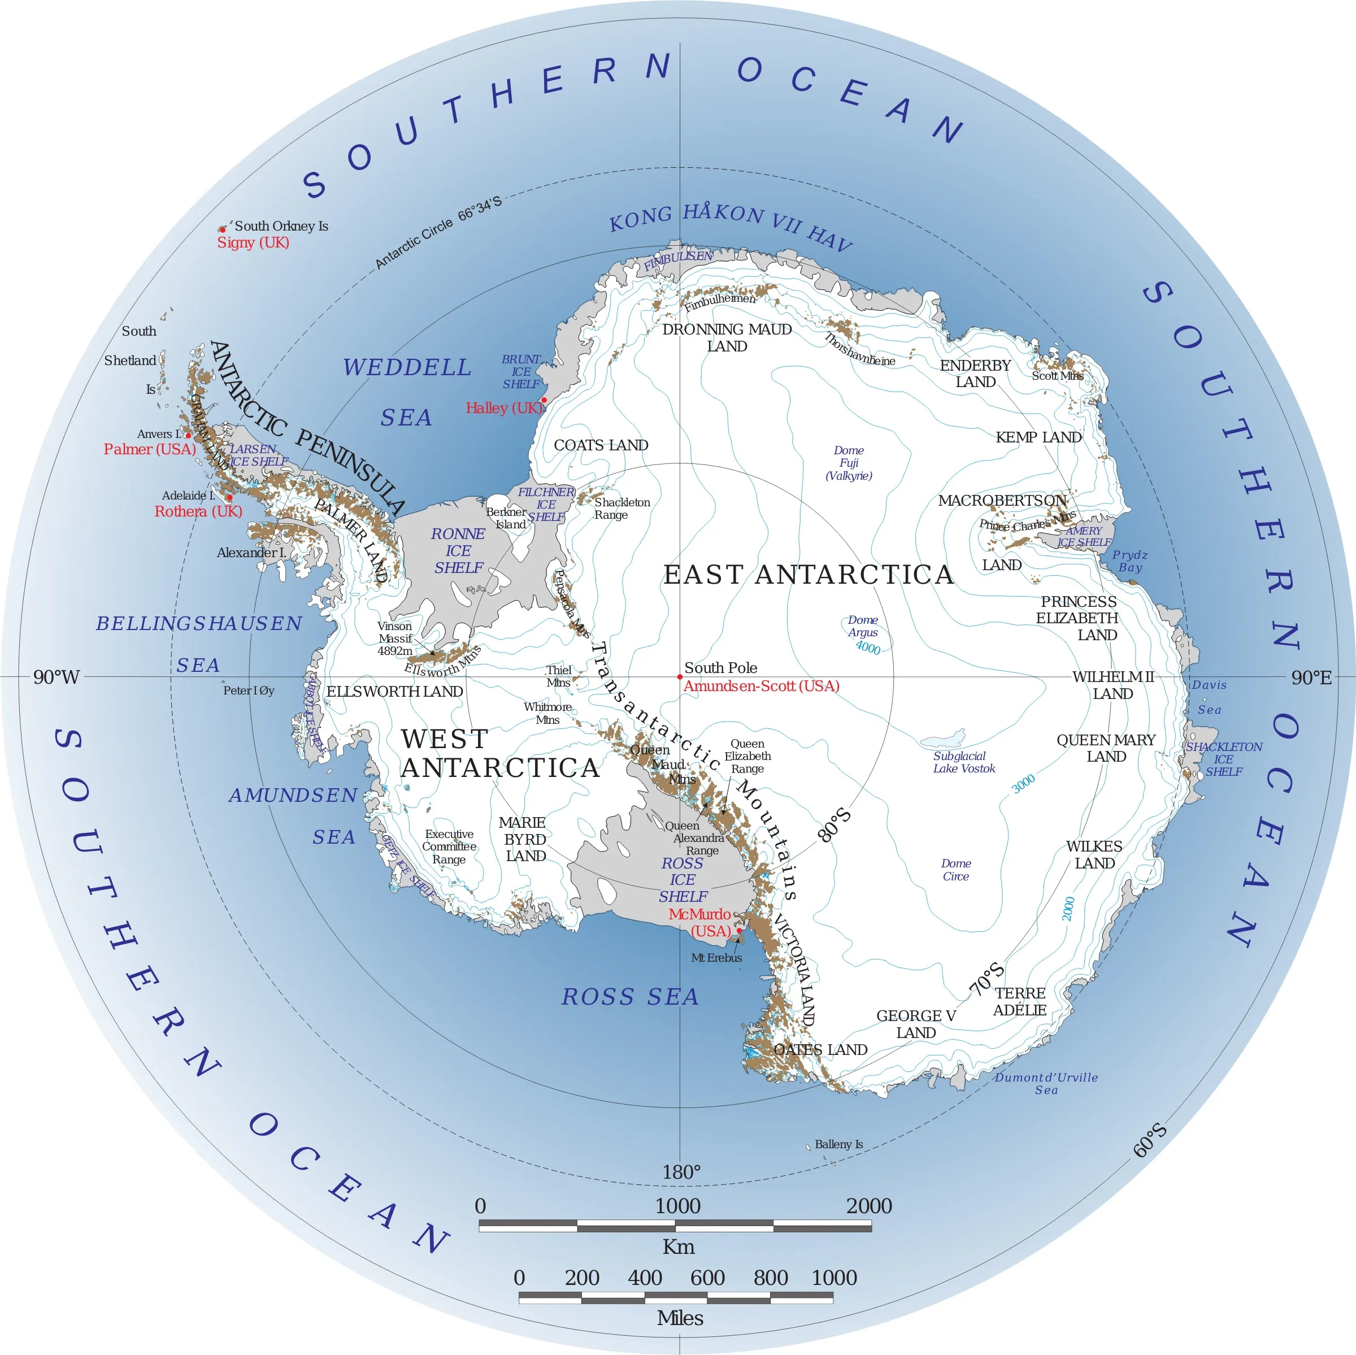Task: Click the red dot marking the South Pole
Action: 679,677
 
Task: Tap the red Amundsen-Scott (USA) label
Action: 762,687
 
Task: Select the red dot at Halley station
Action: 544,399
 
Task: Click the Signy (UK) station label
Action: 253,243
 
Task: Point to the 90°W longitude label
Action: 56,677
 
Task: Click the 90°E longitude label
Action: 1311,677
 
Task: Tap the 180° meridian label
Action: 681,1172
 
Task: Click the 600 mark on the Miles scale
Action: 707,1278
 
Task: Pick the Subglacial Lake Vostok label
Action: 964,762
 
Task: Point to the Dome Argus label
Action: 863,626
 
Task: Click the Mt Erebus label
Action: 716,958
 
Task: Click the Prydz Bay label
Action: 1130,561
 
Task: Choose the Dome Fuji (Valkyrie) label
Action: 849,463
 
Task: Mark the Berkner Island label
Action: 506,518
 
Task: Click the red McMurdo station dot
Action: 738,931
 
